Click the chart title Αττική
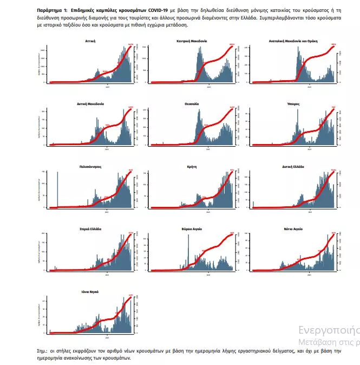tap(91, 41)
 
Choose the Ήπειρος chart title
tap(293, 103)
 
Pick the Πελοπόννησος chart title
tap(91, 167)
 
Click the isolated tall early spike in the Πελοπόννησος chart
tap(57, 190)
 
